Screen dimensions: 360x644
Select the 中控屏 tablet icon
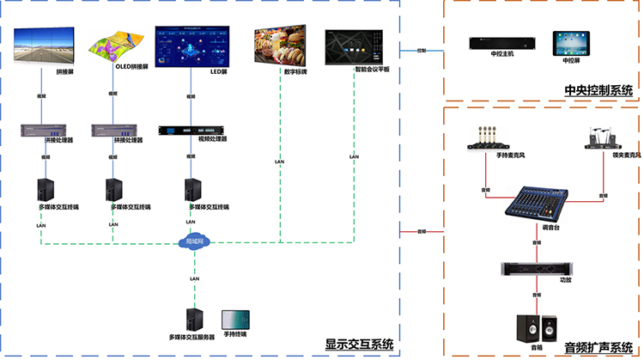click(568, 42)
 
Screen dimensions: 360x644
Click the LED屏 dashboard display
click(194, 45)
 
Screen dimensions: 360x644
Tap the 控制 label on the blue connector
click(422, 52)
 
